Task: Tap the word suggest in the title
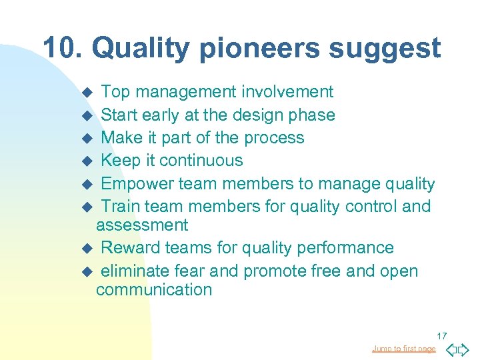387,48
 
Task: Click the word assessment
142,225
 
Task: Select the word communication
154,290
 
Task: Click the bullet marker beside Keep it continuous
85,161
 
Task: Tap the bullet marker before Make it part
85,139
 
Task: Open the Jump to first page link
403,349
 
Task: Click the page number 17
441,335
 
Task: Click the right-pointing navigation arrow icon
464,349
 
